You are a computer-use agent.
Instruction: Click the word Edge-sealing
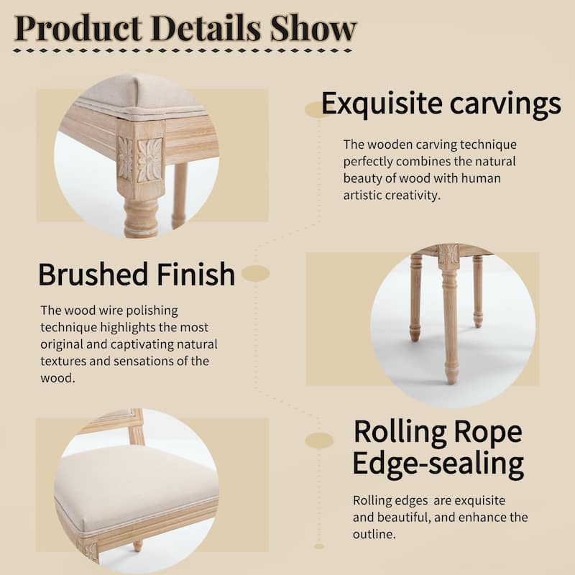[x=438, y=464]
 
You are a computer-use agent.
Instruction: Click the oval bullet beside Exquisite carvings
[x=316, y=109]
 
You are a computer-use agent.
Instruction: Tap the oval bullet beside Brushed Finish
[x=255, y=273]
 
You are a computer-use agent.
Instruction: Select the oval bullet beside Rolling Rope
[x=319, y=441]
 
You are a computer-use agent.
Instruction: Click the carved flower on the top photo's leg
[x=150, y=159]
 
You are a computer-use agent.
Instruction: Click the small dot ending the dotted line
[x=319, y=546]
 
